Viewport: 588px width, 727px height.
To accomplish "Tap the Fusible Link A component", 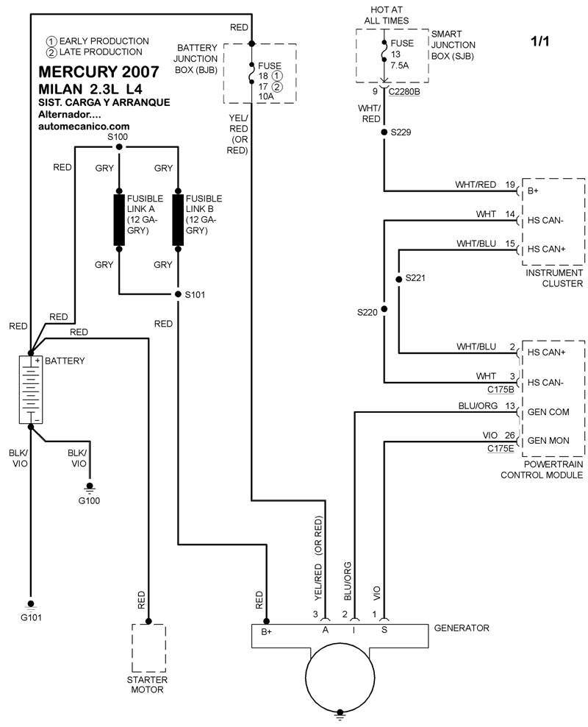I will [118, 219].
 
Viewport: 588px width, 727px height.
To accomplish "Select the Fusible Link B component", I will [177, 219].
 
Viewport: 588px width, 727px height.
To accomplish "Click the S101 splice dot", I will [177, 294].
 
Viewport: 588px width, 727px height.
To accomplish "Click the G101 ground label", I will [31, 617].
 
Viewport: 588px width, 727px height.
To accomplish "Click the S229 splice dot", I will [384, 133].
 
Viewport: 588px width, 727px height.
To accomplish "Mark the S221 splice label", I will [416, 279].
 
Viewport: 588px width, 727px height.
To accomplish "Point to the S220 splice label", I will [367, 312].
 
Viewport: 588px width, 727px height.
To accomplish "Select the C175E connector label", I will [499, 448].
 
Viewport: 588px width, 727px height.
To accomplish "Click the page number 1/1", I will [539, 42].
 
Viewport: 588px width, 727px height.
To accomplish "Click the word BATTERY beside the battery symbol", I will [65, 361].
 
